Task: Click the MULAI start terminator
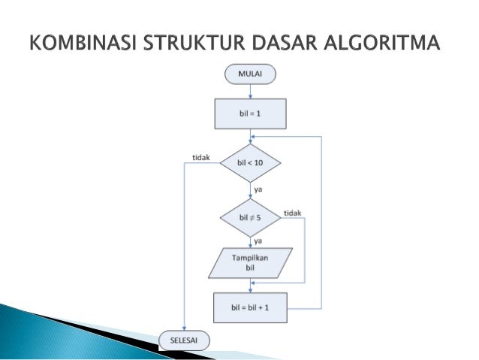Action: tap(249, 74)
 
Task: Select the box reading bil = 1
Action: tap(249, 114)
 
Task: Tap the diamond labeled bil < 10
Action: tap(249, 162)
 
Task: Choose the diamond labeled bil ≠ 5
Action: tap(249, 218)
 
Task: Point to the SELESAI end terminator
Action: tap(185, 340)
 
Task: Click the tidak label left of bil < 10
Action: tap(200, 157)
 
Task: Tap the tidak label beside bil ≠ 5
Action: tap(292, 213)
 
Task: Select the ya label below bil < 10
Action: tap(258, 188)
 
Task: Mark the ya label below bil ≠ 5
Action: tap(258, 241)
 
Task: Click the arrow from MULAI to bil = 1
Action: tap(249, 91)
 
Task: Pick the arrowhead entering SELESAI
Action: tap(183, 328)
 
